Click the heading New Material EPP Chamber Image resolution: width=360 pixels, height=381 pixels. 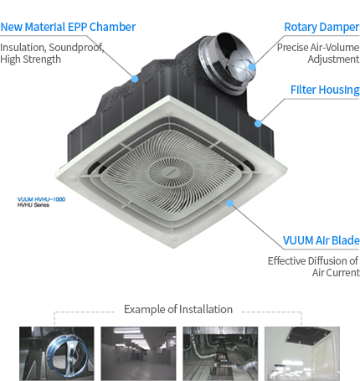coord(68,27)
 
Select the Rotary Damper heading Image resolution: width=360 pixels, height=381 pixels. coord(321,28)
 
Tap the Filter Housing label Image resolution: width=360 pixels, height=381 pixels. coord(325,90)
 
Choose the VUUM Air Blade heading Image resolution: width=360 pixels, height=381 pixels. coord(321,240)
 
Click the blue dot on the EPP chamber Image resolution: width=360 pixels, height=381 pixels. coord(135,79)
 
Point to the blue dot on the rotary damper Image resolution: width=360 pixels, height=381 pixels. coord(252,67)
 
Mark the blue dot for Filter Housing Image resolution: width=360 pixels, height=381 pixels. coord(258,123)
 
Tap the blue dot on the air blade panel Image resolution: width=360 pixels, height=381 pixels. coord(229,203)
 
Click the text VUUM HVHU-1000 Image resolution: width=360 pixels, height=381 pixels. coord(41,199)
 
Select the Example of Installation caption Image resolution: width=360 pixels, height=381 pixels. coord(178,309)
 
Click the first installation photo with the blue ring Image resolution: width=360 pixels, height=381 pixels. coord(57,353)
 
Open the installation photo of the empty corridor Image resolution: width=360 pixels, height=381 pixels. coord(138,353)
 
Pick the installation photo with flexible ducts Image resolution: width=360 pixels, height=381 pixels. coord(220,353)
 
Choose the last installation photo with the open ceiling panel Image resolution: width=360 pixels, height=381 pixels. coord(302,353)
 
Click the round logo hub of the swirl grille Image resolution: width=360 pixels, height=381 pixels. coord(171,172)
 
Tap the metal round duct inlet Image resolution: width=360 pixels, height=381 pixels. coord(228,62)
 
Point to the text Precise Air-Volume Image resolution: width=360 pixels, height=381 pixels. coord(318,48)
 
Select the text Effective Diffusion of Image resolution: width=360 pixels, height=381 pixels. coord(313,261)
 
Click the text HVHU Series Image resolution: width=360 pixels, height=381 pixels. coord(33,205)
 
